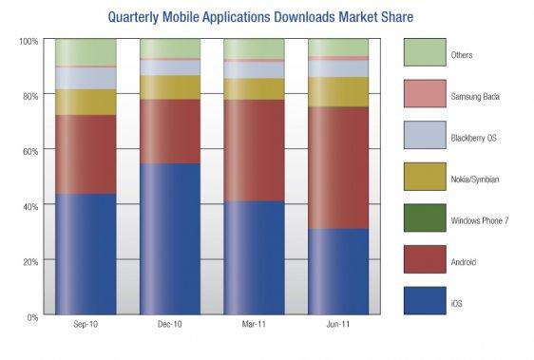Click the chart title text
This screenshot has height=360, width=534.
[x=266, y=16]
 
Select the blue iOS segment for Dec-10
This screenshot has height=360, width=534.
[x=170, y=238]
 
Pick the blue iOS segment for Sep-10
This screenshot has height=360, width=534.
[x=86, y=254]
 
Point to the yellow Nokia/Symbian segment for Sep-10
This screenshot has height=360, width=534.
[x=86, y=102]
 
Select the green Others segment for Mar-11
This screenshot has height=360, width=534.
[x=254, y=48]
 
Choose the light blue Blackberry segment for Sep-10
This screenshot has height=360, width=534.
[x=86, y=78]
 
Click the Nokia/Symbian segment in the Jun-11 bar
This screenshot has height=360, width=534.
[x=338, y=91]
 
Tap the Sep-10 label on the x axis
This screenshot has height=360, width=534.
[x=86, y=325]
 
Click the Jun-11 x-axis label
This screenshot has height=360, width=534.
[x=338, y=325]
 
